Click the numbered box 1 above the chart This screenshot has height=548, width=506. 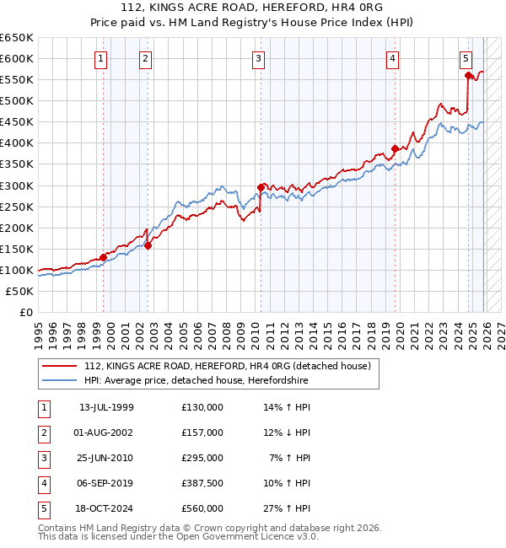[101, 58]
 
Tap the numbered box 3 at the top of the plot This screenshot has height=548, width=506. [258, 58]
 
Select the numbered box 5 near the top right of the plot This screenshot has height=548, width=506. [466, 58]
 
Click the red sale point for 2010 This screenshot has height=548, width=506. [261, 187]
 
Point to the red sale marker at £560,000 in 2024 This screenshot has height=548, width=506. [469, 75]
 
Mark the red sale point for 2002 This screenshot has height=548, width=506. [148, 245]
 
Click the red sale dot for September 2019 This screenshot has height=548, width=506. [395, 148]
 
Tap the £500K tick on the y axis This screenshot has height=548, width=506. [17, 100]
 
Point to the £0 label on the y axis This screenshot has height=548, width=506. [26, 312]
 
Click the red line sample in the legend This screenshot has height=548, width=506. [60, 367]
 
